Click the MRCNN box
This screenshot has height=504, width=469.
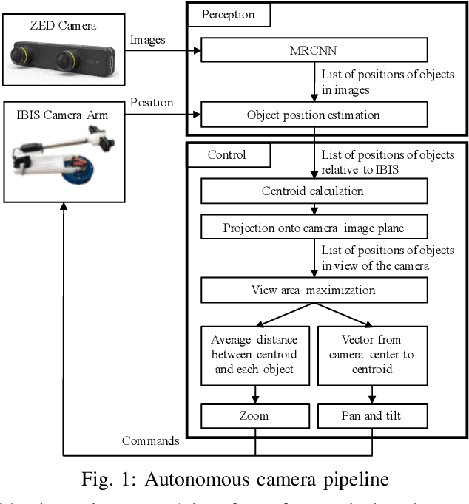coord(314,51)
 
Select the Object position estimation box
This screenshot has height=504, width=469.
coord(314,115)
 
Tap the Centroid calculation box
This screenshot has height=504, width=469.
coord(314,191)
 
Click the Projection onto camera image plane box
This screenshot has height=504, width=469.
coord(314,228)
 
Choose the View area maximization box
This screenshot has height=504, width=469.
coord(314,290)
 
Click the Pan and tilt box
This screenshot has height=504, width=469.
coord(372,416)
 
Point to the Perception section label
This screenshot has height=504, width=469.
coord(228,14)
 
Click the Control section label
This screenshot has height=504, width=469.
coord(228,155)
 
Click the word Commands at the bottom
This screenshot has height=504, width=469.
coord(150,441)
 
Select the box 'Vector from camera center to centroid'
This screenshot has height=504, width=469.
coord(372,355)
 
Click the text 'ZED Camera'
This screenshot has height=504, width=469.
coord(63,26)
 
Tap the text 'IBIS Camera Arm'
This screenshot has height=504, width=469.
coord(63,115)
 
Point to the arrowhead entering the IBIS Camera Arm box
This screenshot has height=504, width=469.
coord(63,208)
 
